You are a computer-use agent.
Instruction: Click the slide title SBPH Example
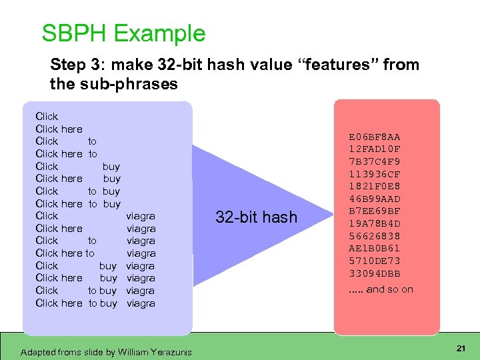pyautogui.click(x=123, y=33)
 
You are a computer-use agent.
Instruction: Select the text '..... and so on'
pyautogui.click(x=381, y=289)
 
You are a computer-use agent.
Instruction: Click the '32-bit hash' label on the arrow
pyautogui.click(x=256, y=217)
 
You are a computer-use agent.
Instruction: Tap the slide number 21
pyautogui.click(x=460, y=349)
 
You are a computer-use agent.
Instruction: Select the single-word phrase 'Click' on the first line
pyautogui.click(x=47, y=116)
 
